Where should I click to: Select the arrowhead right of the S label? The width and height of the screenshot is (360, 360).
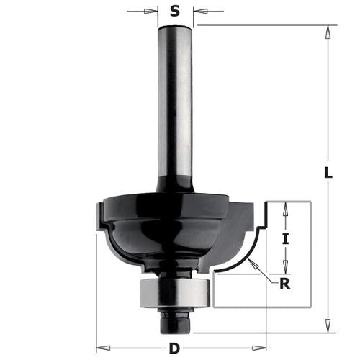tap(198, 12)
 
